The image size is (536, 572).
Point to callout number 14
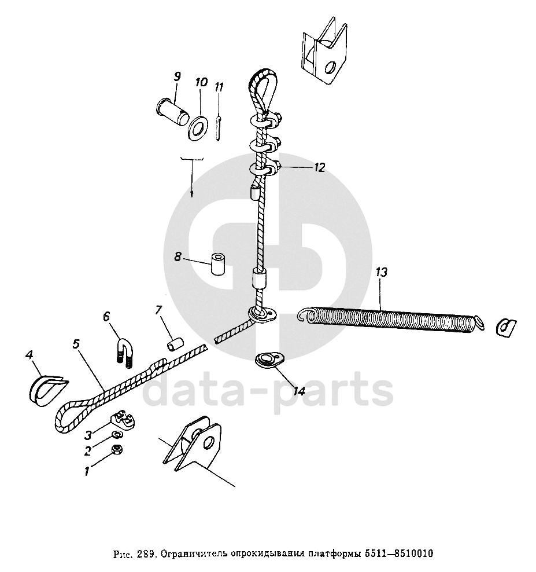(298, 391)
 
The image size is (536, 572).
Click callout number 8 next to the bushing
(178, 256)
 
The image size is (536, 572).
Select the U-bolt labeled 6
(126, 352)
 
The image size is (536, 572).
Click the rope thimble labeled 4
(45, 388)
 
